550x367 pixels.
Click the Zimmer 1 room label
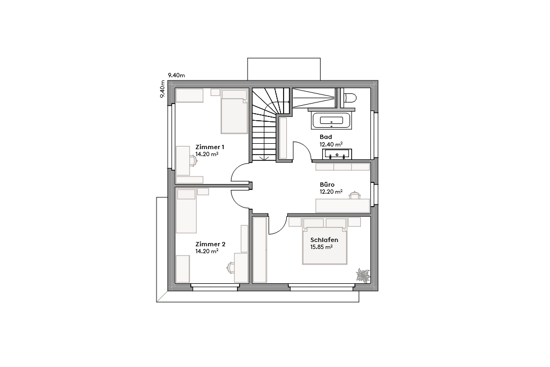[x=210, y=146]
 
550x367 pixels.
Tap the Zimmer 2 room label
[x=210, y=244]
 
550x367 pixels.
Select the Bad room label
[x=326, y=137]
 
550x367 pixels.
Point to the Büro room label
[x=327, y=185]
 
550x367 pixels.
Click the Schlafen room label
[x=324, y=240]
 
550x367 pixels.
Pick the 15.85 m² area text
[x=322, y=247]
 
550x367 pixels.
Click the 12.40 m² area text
[x=331, y=144]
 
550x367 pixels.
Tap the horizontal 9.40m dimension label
[x=176, y=76]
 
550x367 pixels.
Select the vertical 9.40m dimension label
[x=162, y=89]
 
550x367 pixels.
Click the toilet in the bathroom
[x=350, y=98]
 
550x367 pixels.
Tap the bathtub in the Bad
[x=331, y=121]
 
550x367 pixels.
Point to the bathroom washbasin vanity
[x=337, y=155]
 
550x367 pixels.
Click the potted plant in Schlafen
[x=363, y=275]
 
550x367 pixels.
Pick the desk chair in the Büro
[x=354, y=195]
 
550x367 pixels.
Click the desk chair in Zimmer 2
[x=231, y=267]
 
